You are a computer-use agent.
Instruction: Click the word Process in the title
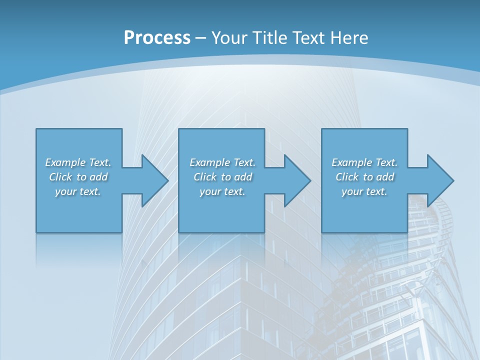coord(157,38)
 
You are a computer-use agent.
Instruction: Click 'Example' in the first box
coord(65,162)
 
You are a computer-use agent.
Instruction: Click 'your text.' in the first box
coord(78,191)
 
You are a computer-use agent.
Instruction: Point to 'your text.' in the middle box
coord(222,191)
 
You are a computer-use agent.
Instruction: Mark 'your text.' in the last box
coord(364,191)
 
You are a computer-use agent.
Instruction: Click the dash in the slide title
coord(201,38)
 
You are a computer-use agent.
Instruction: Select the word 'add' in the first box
coord(98,177)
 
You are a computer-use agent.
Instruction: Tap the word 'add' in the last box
coord(385,177)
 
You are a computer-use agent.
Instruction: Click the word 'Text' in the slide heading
coord(308,38)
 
